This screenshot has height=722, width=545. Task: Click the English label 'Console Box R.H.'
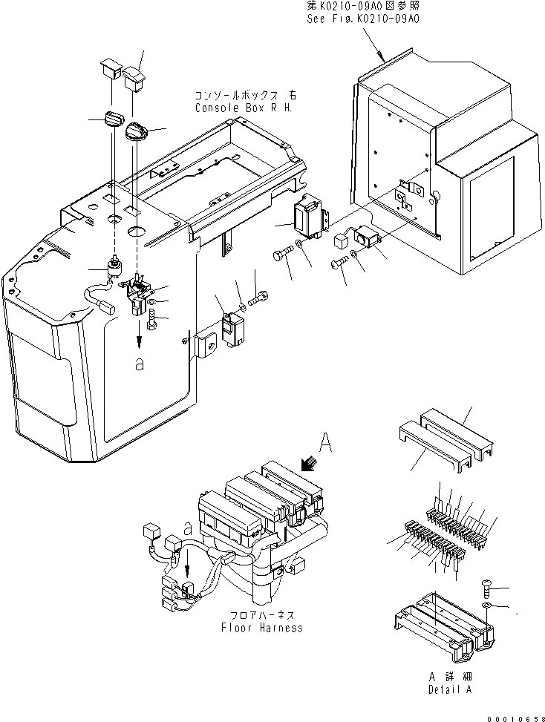pos(244,108)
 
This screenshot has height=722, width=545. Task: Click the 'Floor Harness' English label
pos(262,628)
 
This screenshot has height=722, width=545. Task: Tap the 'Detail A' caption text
pos(450,689)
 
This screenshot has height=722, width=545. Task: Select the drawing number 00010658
pos(511,714)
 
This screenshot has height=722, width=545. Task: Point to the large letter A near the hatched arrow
pos(324,443)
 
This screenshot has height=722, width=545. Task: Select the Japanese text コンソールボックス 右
pos(244,96)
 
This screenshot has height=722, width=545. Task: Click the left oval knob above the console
pos(114,119)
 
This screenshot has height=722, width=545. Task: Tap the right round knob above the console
pos(139,131)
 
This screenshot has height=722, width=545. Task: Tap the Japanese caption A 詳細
pos(450,677)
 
